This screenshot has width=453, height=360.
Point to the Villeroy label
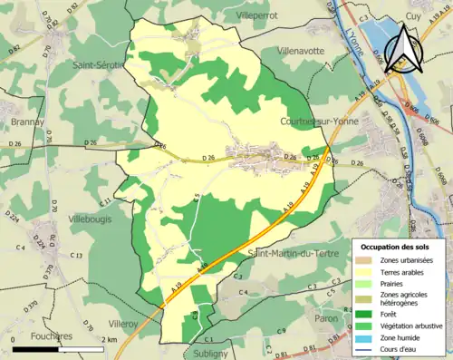123,323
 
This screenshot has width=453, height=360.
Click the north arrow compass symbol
404,49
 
